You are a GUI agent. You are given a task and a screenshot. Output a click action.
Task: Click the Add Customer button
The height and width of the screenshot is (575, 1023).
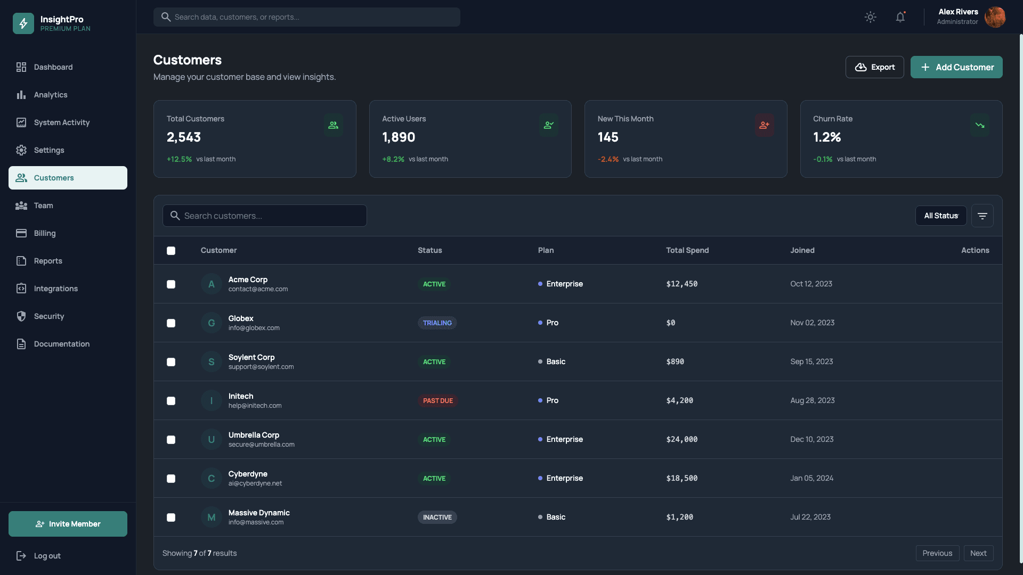click(956, 67)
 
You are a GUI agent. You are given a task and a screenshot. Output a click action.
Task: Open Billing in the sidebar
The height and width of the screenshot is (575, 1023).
click(45, 233)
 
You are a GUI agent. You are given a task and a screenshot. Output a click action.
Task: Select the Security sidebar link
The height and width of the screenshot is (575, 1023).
click(49, 316)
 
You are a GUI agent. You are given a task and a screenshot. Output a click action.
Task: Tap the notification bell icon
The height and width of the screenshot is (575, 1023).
click(900, 17)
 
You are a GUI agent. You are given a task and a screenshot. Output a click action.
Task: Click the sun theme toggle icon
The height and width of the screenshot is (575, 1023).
click(870, 17)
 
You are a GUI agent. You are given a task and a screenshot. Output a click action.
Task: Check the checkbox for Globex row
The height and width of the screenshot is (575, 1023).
click(171, 323)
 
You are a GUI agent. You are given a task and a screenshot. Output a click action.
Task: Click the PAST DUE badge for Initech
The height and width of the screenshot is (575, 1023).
click(437, 401)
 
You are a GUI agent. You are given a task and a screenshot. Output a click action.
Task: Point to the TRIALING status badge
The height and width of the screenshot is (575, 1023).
click(437, 323)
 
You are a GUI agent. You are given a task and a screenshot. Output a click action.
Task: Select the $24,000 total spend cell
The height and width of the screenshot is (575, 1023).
click(681, 439)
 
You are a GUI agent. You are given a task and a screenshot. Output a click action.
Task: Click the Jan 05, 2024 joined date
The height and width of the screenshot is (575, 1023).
click(811, 478)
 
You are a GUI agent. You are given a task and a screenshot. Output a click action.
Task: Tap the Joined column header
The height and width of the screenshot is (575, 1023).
click(802, 250)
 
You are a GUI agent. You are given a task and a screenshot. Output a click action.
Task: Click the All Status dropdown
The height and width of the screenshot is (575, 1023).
click(940, 216)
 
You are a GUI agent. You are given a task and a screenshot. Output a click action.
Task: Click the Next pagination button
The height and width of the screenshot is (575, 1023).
click(978, 553)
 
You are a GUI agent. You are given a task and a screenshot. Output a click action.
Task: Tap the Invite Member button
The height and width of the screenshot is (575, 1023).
click(68, 524)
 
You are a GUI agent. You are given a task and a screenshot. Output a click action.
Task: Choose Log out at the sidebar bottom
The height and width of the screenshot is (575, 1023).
click(47, 556)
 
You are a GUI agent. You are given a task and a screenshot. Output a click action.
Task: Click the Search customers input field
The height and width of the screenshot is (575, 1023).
click(265, 216)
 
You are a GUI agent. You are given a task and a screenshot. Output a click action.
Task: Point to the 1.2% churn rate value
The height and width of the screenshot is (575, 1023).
click(826, 137)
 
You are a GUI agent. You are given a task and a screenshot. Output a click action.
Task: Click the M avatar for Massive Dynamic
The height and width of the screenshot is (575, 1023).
click(212, 517)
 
